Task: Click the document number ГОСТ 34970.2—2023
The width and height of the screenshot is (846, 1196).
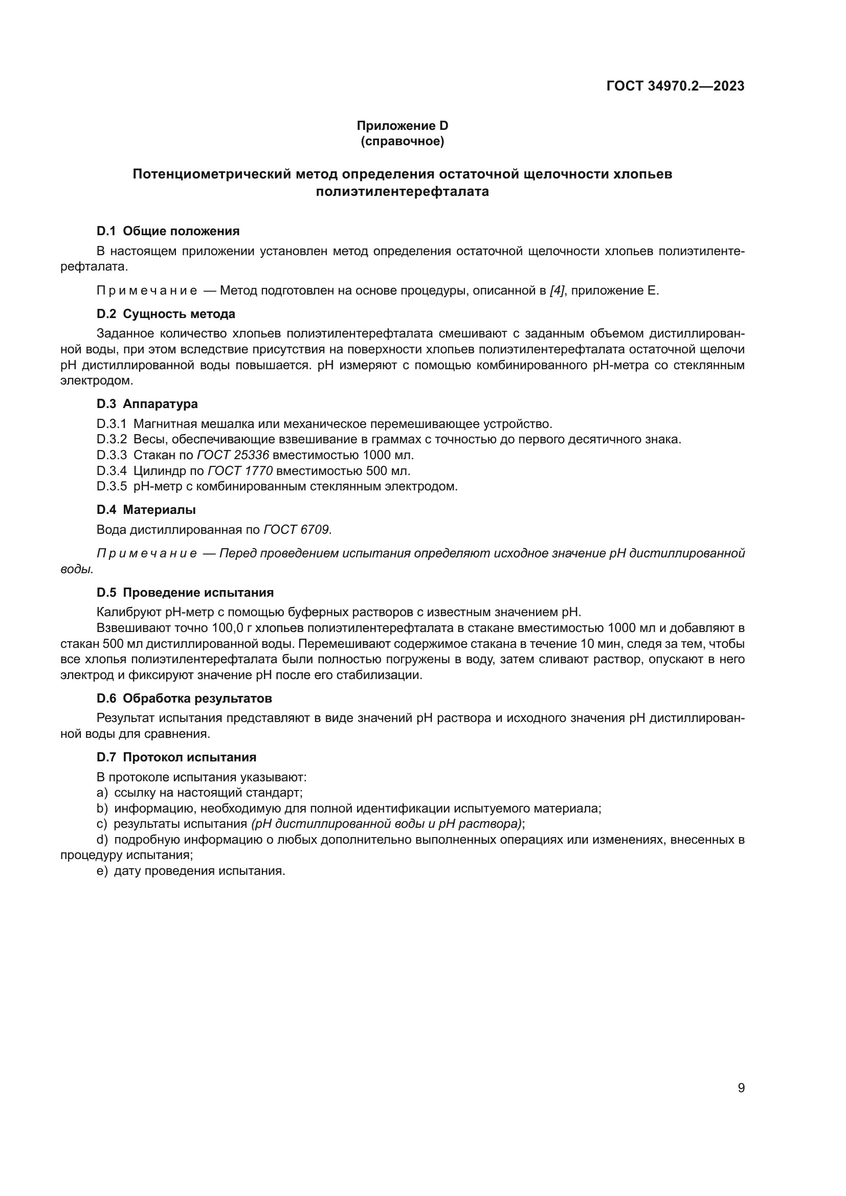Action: pyautogui.click(x=675, y=86)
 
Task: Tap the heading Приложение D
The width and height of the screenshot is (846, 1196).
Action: pyautogui.click(x=402, y=126)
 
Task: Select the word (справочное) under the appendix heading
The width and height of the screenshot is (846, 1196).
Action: pyautogui.click(x=402, y=141)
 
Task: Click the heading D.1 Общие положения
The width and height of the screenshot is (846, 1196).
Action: pyautogui.click(x=168, y=231)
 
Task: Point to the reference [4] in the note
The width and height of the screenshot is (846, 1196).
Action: pyautogui.click(x=557, y=290)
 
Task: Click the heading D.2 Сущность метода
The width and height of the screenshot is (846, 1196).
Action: pyautogui.click(x=166, y=314)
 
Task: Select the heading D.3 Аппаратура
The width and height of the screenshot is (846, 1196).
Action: pyautogui.click(x=147, y=404)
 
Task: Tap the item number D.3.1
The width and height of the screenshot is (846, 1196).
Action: pyautogui.click(x=112, y=424)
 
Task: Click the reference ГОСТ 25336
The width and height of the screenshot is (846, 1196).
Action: pyautogui.click(x=233, y=455)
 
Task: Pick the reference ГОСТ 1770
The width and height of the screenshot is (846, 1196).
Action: pyautogui.click(x=240, y=471)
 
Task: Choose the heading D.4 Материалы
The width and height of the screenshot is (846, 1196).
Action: pyautogui.click(x=146, y=509)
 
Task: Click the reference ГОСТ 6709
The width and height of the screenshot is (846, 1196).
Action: pyautogui.click(x=296, y=530)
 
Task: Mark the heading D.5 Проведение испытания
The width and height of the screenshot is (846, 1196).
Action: pyautogui.click(x=185, y=592)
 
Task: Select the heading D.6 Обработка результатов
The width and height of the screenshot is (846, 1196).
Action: pyautogui.click(x=184, y=698)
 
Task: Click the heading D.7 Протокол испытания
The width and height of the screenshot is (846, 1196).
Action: pyautogui.click(x=176, y=757)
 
